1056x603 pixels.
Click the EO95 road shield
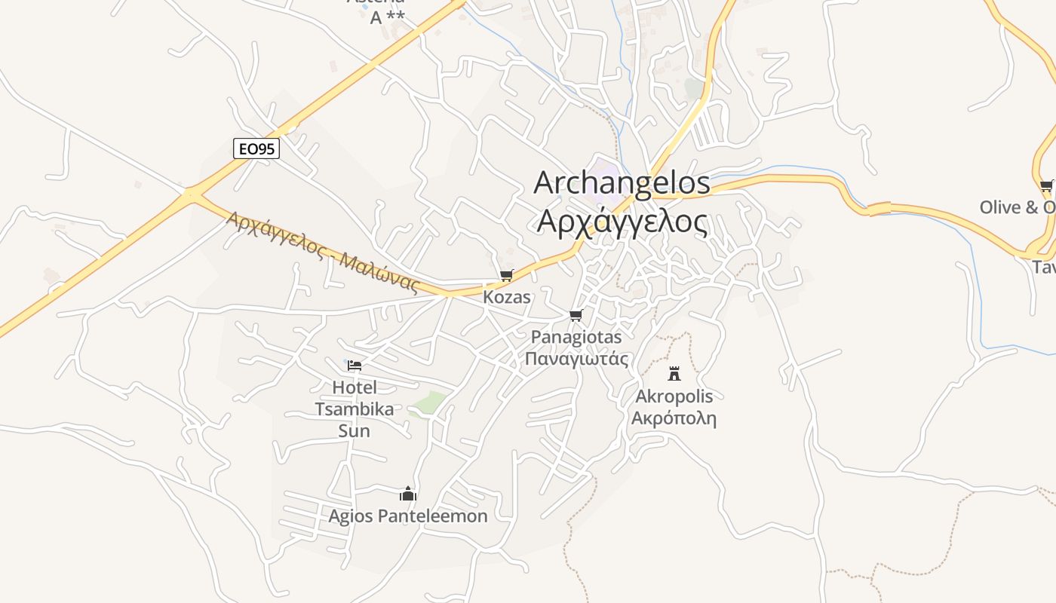coord(256,149)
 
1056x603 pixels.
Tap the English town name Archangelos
coord(622,183)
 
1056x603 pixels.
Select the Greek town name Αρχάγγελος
coord(622,222)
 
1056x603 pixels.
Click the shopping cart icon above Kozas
coord(506,276)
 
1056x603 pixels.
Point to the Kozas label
coord(506,297)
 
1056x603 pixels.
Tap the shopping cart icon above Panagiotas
coord(576,315)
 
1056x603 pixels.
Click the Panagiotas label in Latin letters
coord(576,337)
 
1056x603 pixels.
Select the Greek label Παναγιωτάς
coord(576,358)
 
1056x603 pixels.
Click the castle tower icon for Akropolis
coord(674,373)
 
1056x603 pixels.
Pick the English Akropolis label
coord(674,396)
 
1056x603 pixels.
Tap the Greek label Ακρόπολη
coord(674,418)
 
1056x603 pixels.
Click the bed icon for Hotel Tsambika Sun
coord(355,366)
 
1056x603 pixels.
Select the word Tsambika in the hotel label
coord(354,409)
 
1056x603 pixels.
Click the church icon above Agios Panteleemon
coord(408,494)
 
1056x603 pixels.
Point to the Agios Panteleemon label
coord(408,516)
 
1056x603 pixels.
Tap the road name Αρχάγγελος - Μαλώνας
coord(323,251)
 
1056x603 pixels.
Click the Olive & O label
coord(1017,207)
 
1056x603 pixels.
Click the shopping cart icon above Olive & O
coord(1046,185)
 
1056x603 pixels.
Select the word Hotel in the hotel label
coord(354,387)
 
